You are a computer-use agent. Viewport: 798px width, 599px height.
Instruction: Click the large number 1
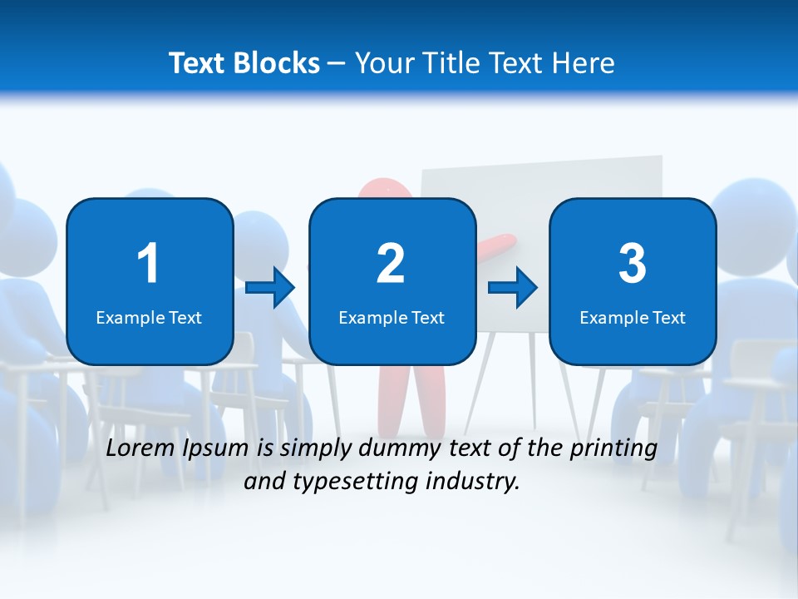point(148,264)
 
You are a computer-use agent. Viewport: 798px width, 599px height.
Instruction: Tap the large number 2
point(391,264)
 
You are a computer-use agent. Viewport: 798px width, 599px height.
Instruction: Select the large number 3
point(633,264)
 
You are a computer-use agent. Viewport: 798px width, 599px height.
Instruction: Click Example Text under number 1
point(149,318)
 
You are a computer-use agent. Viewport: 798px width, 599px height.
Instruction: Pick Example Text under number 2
point(392,318)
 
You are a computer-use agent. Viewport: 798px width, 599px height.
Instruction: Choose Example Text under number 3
point(633,318)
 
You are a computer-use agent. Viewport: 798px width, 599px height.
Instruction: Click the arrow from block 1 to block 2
point(270,288)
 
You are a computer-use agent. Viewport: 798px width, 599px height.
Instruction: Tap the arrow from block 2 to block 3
point(513,288)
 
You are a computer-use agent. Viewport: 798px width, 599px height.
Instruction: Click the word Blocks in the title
point(278,63)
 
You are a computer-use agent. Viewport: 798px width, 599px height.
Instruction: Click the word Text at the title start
point(199,63)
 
